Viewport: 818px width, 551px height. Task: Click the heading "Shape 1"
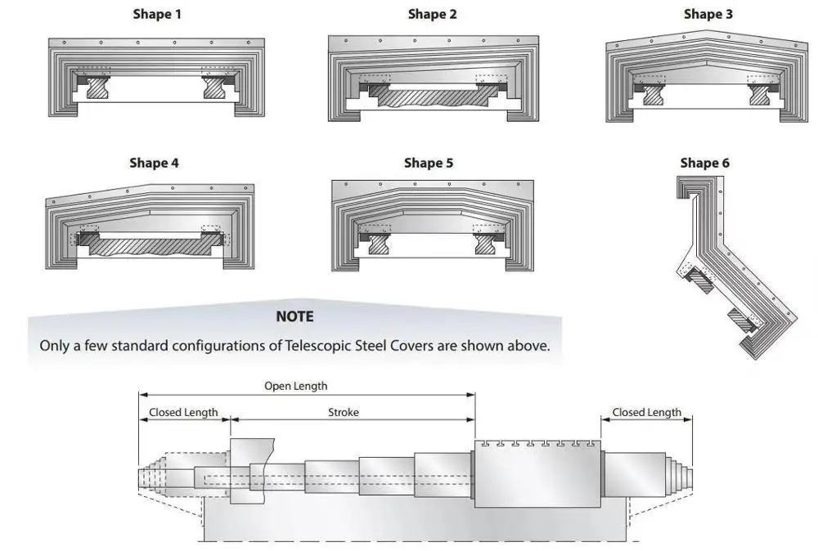[157, 14]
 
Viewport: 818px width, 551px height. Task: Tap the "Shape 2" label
[433, 14]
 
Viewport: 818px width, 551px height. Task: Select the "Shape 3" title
[708, 14]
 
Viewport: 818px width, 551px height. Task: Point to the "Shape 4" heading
[154, 164]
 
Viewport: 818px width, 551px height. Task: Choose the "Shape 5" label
[429, 164]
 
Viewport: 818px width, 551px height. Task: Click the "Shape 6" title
[705, 164]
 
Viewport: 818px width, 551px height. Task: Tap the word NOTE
[294, 316]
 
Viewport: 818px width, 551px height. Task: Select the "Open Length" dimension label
[296, 387]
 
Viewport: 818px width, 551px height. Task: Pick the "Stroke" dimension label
[344, 412]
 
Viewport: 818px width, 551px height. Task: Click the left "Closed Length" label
[183, 412]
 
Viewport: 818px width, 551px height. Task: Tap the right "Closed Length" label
[647, 412]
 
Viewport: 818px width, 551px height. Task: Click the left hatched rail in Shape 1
[97, 87]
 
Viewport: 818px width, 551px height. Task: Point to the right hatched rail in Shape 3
[760, 95]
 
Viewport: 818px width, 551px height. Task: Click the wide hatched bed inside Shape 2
[433, 96]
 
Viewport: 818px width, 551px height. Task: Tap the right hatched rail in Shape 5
[485, 244]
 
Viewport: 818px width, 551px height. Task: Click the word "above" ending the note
[531, 346]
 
